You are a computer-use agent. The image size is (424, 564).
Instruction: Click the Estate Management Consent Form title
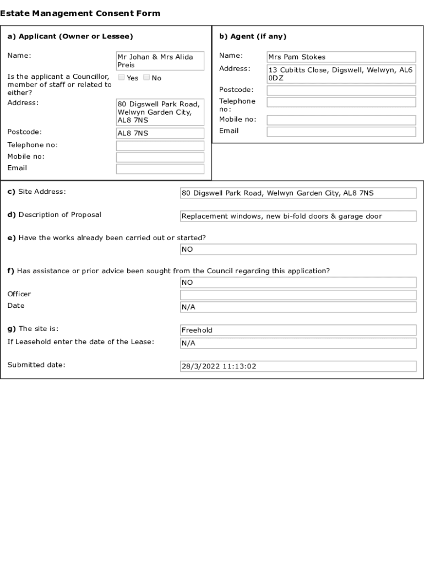[x=80, y=13]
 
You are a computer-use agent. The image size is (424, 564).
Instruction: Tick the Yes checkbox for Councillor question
[x=122, y=78]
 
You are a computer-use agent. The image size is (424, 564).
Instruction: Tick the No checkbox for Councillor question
[x=146, y=78]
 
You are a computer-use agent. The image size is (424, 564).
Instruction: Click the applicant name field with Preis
[x=160, y=61]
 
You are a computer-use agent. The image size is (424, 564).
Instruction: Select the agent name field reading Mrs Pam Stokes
[x=341, y=57]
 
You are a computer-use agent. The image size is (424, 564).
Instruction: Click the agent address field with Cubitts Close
[x=341, y=74]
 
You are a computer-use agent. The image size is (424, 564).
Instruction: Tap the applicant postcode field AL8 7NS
[x=160, y=133]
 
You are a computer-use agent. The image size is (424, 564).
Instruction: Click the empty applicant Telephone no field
[x=160, y=145]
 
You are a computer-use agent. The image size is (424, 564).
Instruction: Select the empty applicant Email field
[x=160, y=169]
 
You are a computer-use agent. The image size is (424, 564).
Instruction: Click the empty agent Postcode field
[x=341, y=90]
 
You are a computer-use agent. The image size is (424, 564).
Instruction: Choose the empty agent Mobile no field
[x=341, y=120]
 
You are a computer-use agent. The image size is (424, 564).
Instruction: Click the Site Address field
[x=298, y=193]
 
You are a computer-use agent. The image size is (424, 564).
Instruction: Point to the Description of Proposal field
[x=298, y=216]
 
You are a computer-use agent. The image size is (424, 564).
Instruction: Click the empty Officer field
[x=298, y=295]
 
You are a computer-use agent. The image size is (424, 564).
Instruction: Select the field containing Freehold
[x=298, y=330]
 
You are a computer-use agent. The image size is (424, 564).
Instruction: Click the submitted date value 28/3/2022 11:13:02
[x=298, y=367]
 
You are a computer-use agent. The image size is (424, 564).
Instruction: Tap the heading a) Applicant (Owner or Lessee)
[x=70, y=37]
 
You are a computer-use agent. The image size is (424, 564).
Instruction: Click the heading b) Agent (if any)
[x=253, y=37]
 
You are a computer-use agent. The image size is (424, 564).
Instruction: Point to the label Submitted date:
[x=36, y=365]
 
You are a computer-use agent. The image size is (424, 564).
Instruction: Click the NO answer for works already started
[x=298, y=250]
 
